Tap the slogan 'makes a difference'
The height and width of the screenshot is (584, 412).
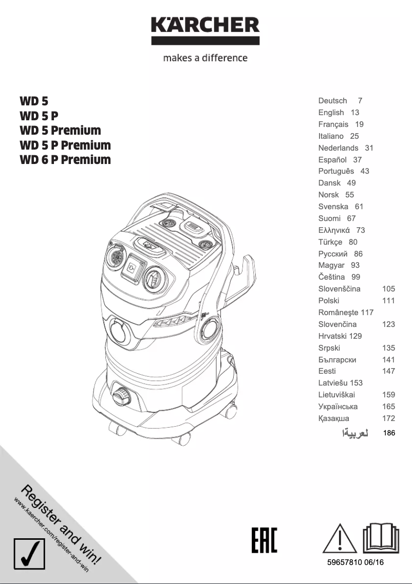pyautogui.click(x=205, y=58)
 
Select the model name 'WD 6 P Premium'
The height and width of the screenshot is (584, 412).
pyautogui.click(x=65, y=159)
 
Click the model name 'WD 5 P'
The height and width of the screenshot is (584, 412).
pyautogui.click(x=39, y=116)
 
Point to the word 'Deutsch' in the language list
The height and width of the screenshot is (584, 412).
pyautogui.click(x=332, y=101)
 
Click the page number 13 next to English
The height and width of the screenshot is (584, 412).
pyautogui.click(x=355, y=113)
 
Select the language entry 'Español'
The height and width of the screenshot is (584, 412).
pyautogui.click(x=332, y=159)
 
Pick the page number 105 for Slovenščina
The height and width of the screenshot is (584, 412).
pyautogui.click(x=388, y=289)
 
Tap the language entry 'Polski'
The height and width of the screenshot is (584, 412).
pyautogui.click(x=329, y=301)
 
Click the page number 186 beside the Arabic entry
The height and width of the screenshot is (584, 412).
pyautogui.click(x=389, y=433)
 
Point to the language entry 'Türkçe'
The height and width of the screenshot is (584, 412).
pyautogui.click(x=330, y=242)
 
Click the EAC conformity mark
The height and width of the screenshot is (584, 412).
pyautogui.click(x=264, y=540)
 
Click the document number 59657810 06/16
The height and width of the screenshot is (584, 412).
pyautogui.click(x=355, y=562)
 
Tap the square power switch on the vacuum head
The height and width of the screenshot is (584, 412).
pyautogui.click(x=133, y=267)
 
